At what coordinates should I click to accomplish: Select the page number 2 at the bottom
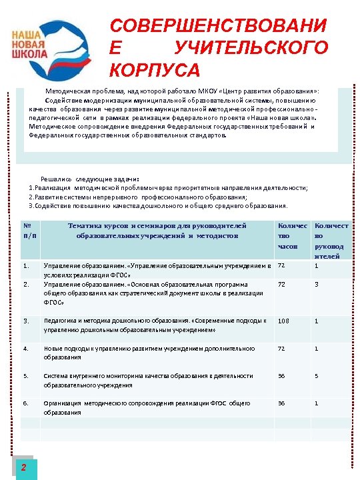24,467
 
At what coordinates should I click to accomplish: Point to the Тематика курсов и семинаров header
157,231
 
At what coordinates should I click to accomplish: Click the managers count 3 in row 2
316,284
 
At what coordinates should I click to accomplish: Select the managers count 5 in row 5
316,376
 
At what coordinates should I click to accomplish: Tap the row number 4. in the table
26,349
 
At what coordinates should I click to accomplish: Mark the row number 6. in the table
26,403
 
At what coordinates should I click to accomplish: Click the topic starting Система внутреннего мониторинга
148,380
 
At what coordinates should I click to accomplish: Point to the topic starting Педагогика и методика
155,325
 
